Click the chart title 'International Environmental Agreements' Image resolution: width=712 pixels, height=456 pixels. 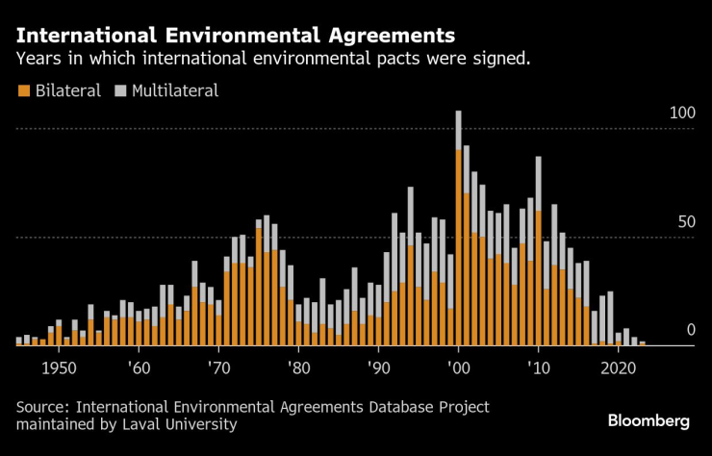236,37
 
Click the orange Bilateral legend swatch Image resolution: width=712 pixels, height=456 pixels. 23,91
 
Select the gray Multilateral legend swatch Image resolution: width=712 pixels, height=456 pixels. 121,91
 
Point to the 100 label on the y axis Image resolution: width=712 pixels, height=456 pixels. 682,114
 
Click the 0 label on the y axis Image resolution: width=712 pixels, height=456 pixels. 690,331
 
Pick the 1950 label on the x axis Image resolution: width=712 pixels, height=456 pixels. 59,367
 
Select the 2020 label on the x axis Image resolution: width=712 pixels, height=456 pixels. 619,367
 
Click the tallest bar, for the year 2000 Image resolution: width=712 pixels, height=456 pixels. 459,231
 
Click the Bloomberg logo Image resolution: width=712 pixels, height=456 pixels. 648,421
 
